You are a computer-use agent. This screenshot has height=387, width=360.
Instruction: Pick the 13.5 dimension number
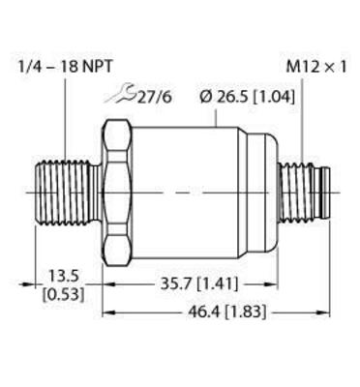(x=63, y=274)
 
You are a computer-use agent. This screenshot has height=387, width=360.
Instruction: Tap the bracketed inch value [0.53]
(x=63, y=293)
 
